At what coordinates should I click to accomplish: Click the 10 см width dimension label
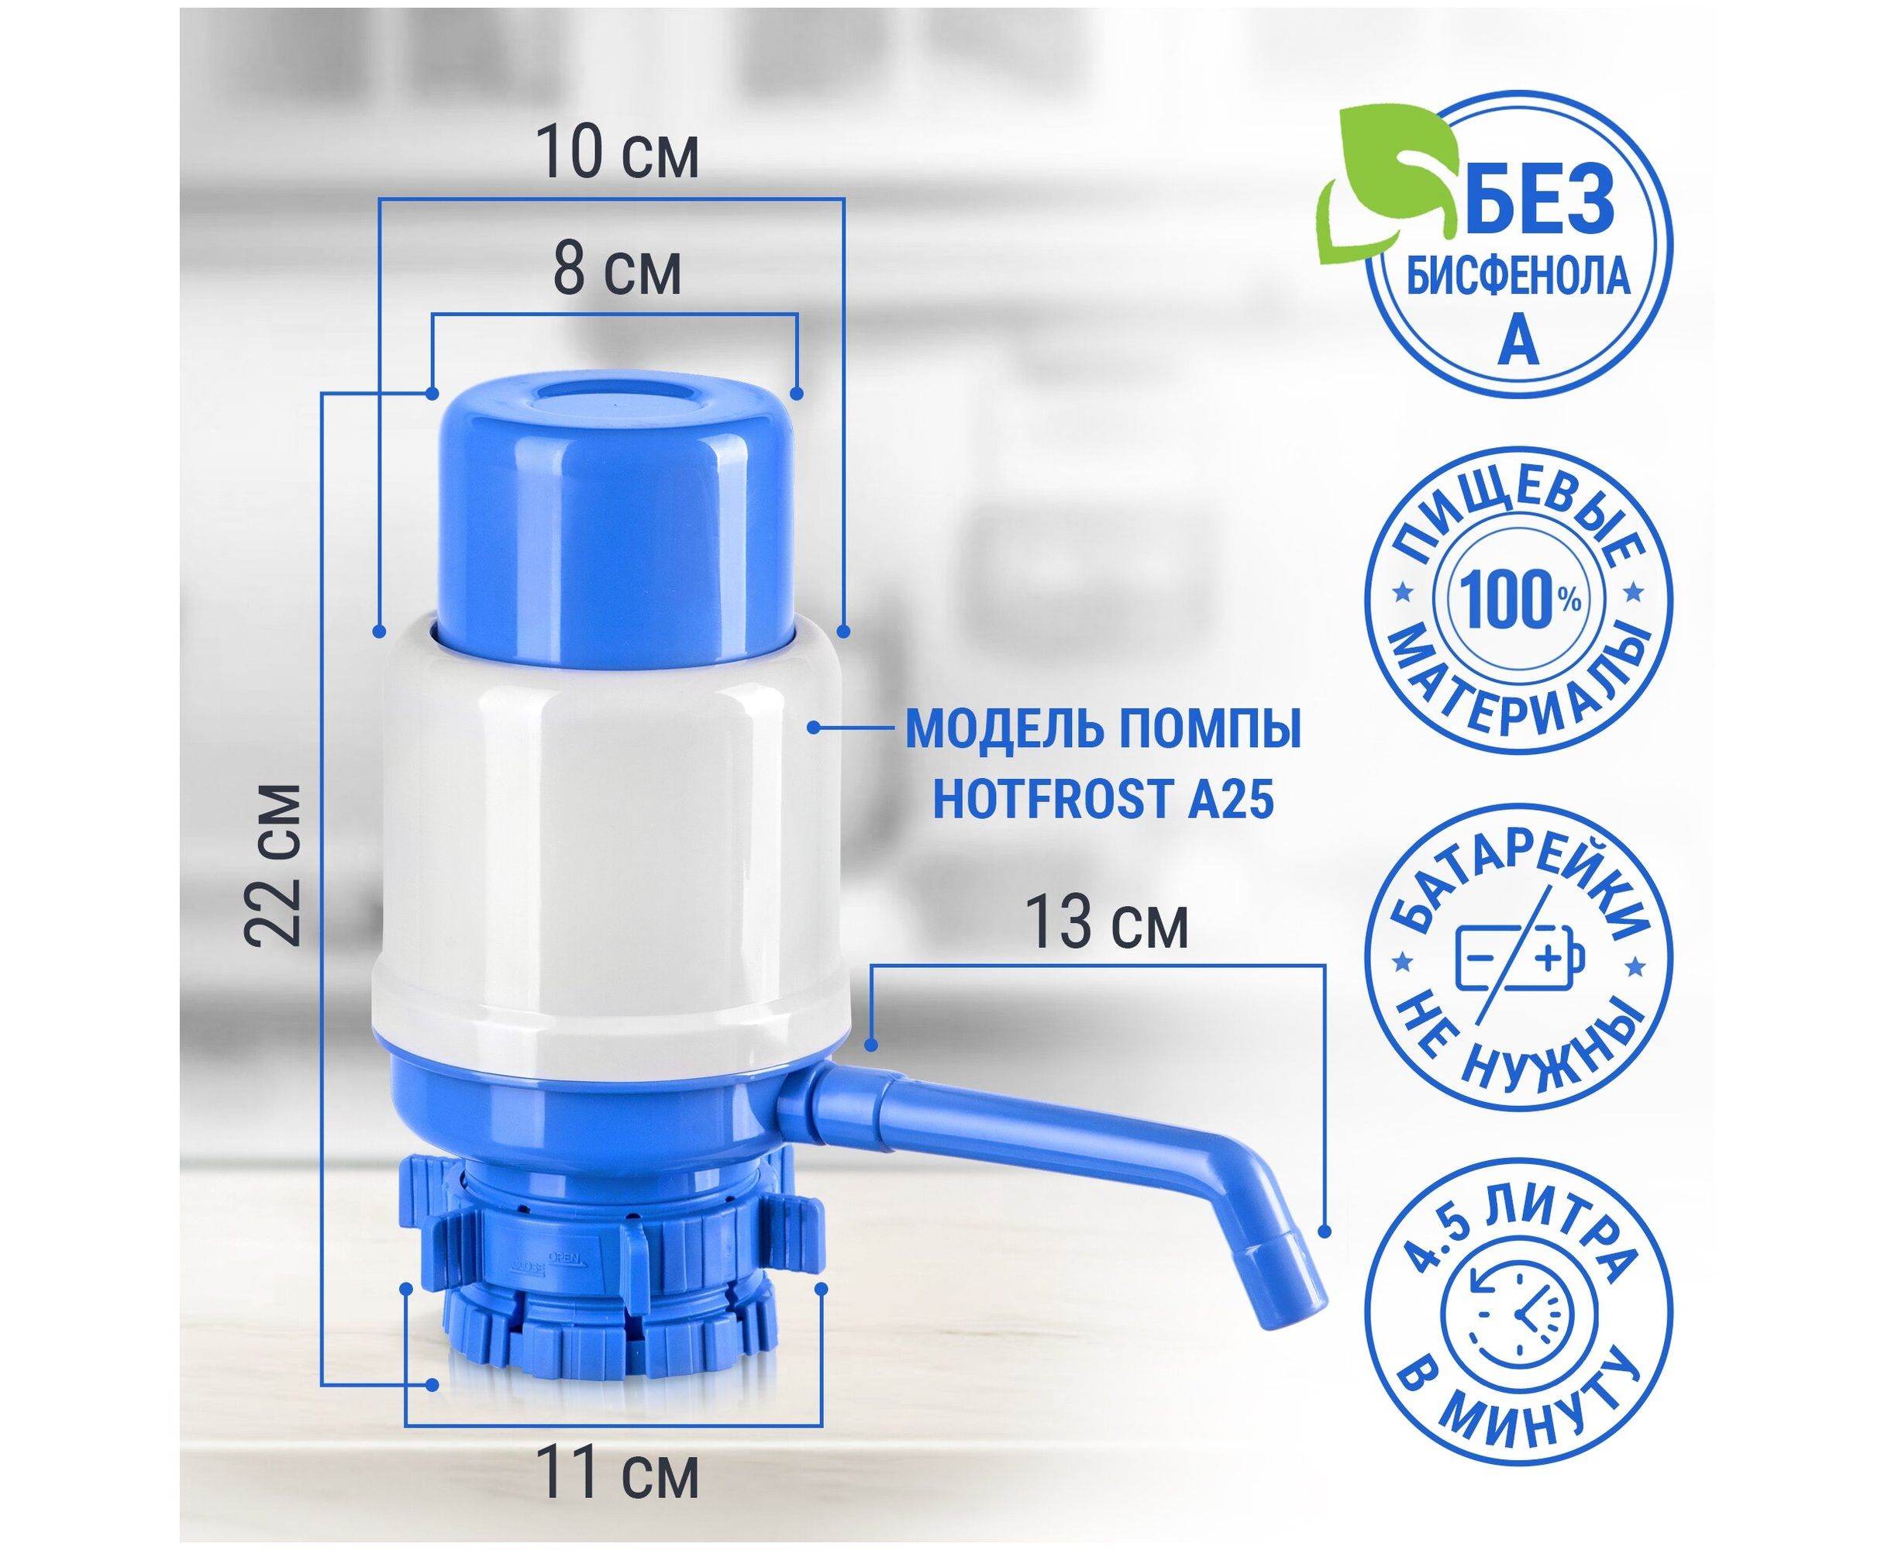point(618,153)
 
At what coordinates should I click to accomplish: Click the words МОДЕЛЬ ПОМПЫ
point(1103,729)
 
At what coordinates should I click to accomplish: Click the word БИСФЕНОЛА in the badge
point(1519,277)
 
